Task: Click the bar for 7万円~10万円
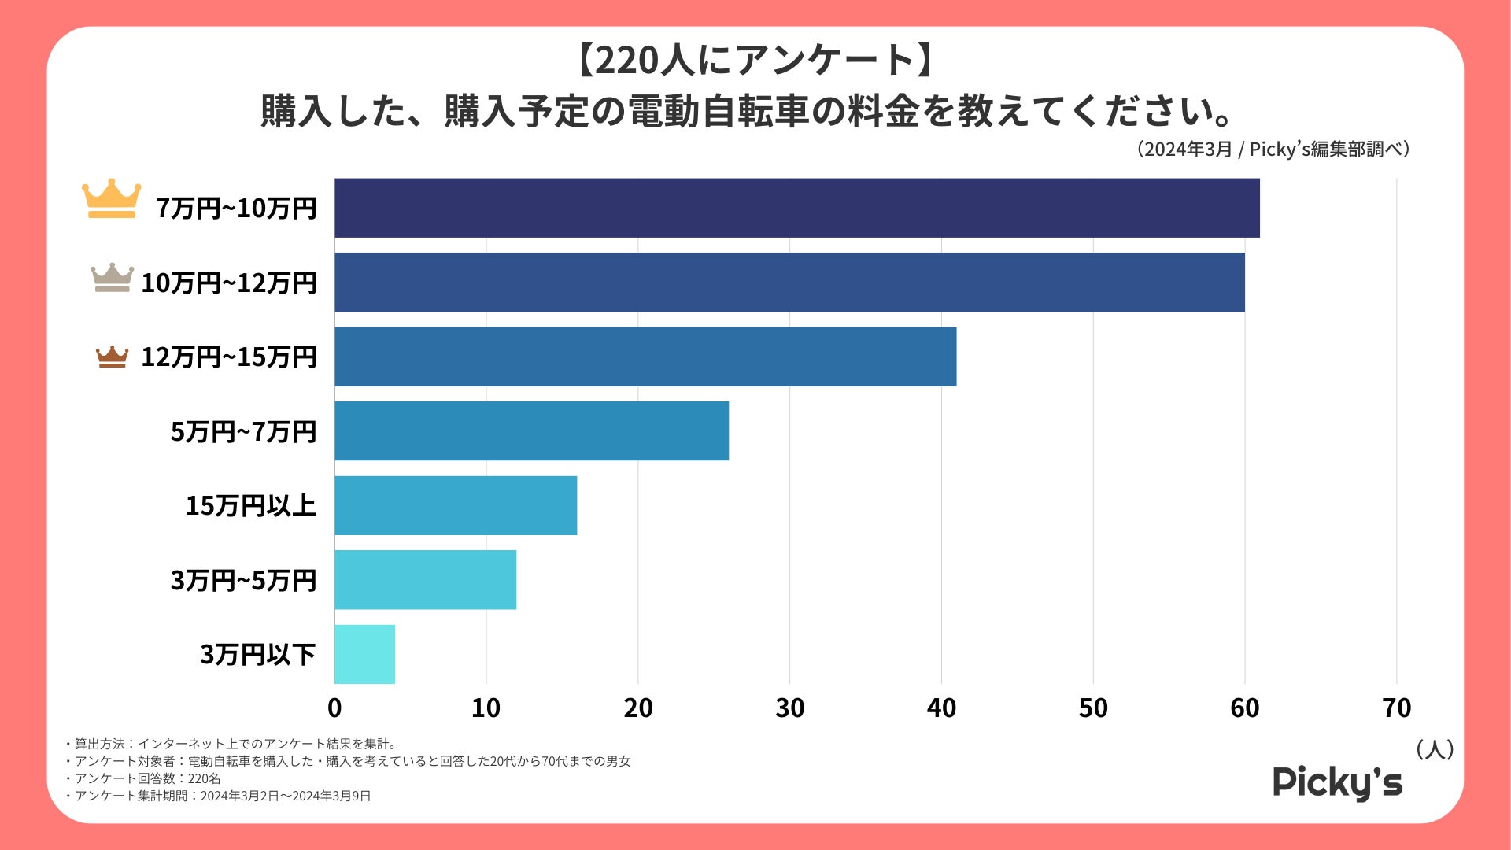point(796,208)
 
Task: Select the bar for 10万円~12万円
point(789,282)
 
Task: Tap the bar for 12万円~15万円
point(645,357)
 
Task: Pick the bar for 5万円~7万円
point(531,431)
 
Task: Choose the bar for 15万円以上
point(456,505)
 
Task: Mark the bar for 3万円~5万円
point(425,579)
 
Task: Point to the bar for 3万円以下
point(364,654)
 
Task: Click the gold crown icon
point(112,198)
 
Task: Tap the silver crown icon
point(112,277)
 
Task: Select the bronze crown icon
point(112,357)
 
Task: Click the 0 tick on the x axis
point(334,708)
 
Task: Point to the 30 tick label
point(789,708)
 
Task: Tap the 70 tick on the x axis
point(1396,708)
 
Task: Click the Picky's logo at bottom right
point(1337,782)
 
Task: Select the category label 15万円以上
point(250,505)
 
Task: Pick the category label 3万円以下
point(257,654)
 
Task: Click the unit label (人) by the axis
point(1434,749)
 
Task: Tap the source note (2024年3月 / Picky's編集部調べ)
point(1273,150)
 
